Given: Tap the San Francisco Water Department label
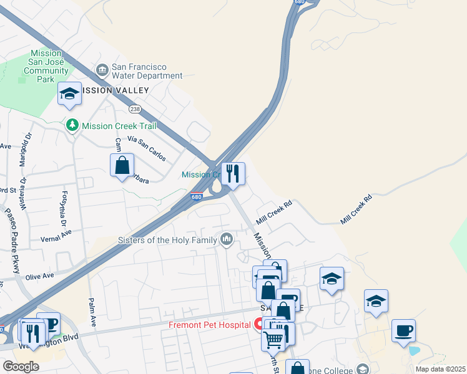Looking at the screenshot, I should pos(147,72).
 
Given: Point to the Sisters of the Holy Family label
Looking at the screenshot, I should pos(167,240).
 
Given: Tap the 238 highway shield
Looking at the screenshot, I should pos(134,109).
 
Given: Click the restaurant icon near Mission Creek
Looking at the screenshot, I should pos(232,174).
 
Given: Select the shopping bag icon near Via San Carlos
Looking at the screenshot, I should pos(122,166).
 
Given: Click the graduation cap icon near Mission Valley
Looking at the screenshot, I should pos(69,94).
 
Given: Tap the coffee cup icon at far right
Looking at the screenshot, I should pos(403,330).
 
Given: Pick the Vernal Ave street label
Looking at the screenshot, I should pos(57,236).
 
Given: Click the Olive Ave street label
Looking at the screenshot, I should pos(39,276).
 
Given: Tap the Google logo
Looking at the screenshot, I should pos(21,367).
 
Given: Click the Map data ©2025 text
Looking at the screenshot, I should pos(440,369).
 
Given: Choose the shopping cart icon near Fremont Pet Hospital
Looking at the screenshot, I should pos(273,339).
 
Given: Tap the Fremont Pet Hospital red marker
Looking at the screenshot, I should pos(258,324).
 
